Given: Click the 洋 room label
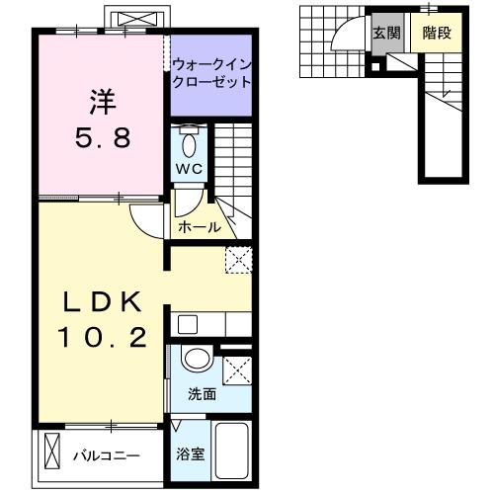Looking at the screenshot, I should pyautogui.click(x=99, y=101).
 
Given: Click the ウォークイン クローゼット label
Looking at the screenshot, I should pyautogui.click(x=211, y=74).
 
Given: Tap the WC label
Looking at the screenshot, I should pyautogui.click(x=189, y=168).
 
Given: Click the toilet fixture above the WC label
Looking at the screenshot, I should pyautogui.click(x=189, y=138).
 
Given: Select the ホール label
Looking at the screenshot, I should pyautogui.click(x=199, y=227).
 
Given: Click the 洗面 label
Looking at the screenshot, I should pyautogui.click(x=203, y=394).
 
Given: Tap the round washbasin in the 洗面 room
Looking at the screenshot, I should pyautogui.click(x=196, y=361).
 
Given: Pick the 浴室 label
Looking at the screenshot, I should pyautogui.click(x=190, y=455).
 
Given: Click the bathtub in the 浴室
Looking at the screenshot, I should pyautogui.click(x=231, y=452).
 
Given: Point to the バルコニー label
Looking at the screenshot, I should pyautogui.click(x=107, y=456).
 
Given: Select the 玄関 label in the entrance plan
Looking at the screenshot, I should pyautogui.click(x=384, y=32).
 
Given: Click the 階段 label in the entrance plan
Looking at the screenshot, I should pyautogui.click(x=436, y=32).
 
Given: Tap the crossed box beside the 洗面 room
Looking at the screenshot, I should pyautogui.click(x=237, y=370).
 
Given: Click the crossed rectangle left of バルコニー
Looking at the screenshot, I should pyautogui.click(x=52, y=456).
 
